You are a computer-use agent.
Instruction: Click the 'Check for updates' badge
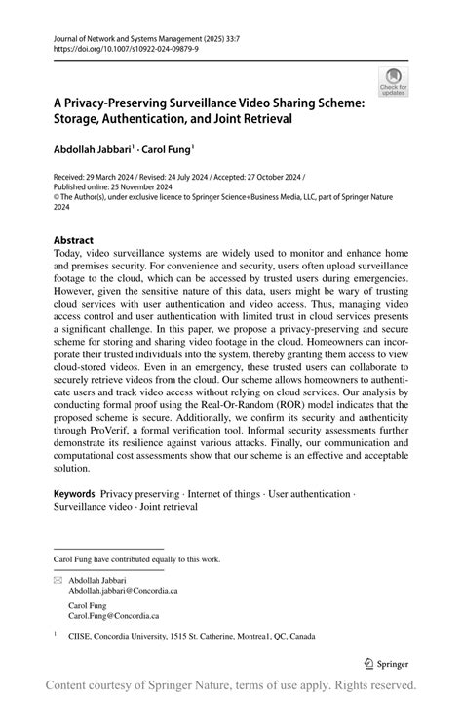394,81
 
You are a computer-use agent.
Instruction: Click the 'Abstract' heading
74,240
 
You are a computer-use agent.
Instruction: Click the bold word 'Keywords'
74,495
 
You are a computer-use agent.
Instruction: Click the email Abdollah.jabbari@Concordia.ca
123,591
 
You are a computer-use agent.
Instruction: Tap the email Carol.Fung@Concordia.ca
113,616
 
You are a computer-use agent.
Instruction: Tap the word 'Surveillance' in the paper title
204,102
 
